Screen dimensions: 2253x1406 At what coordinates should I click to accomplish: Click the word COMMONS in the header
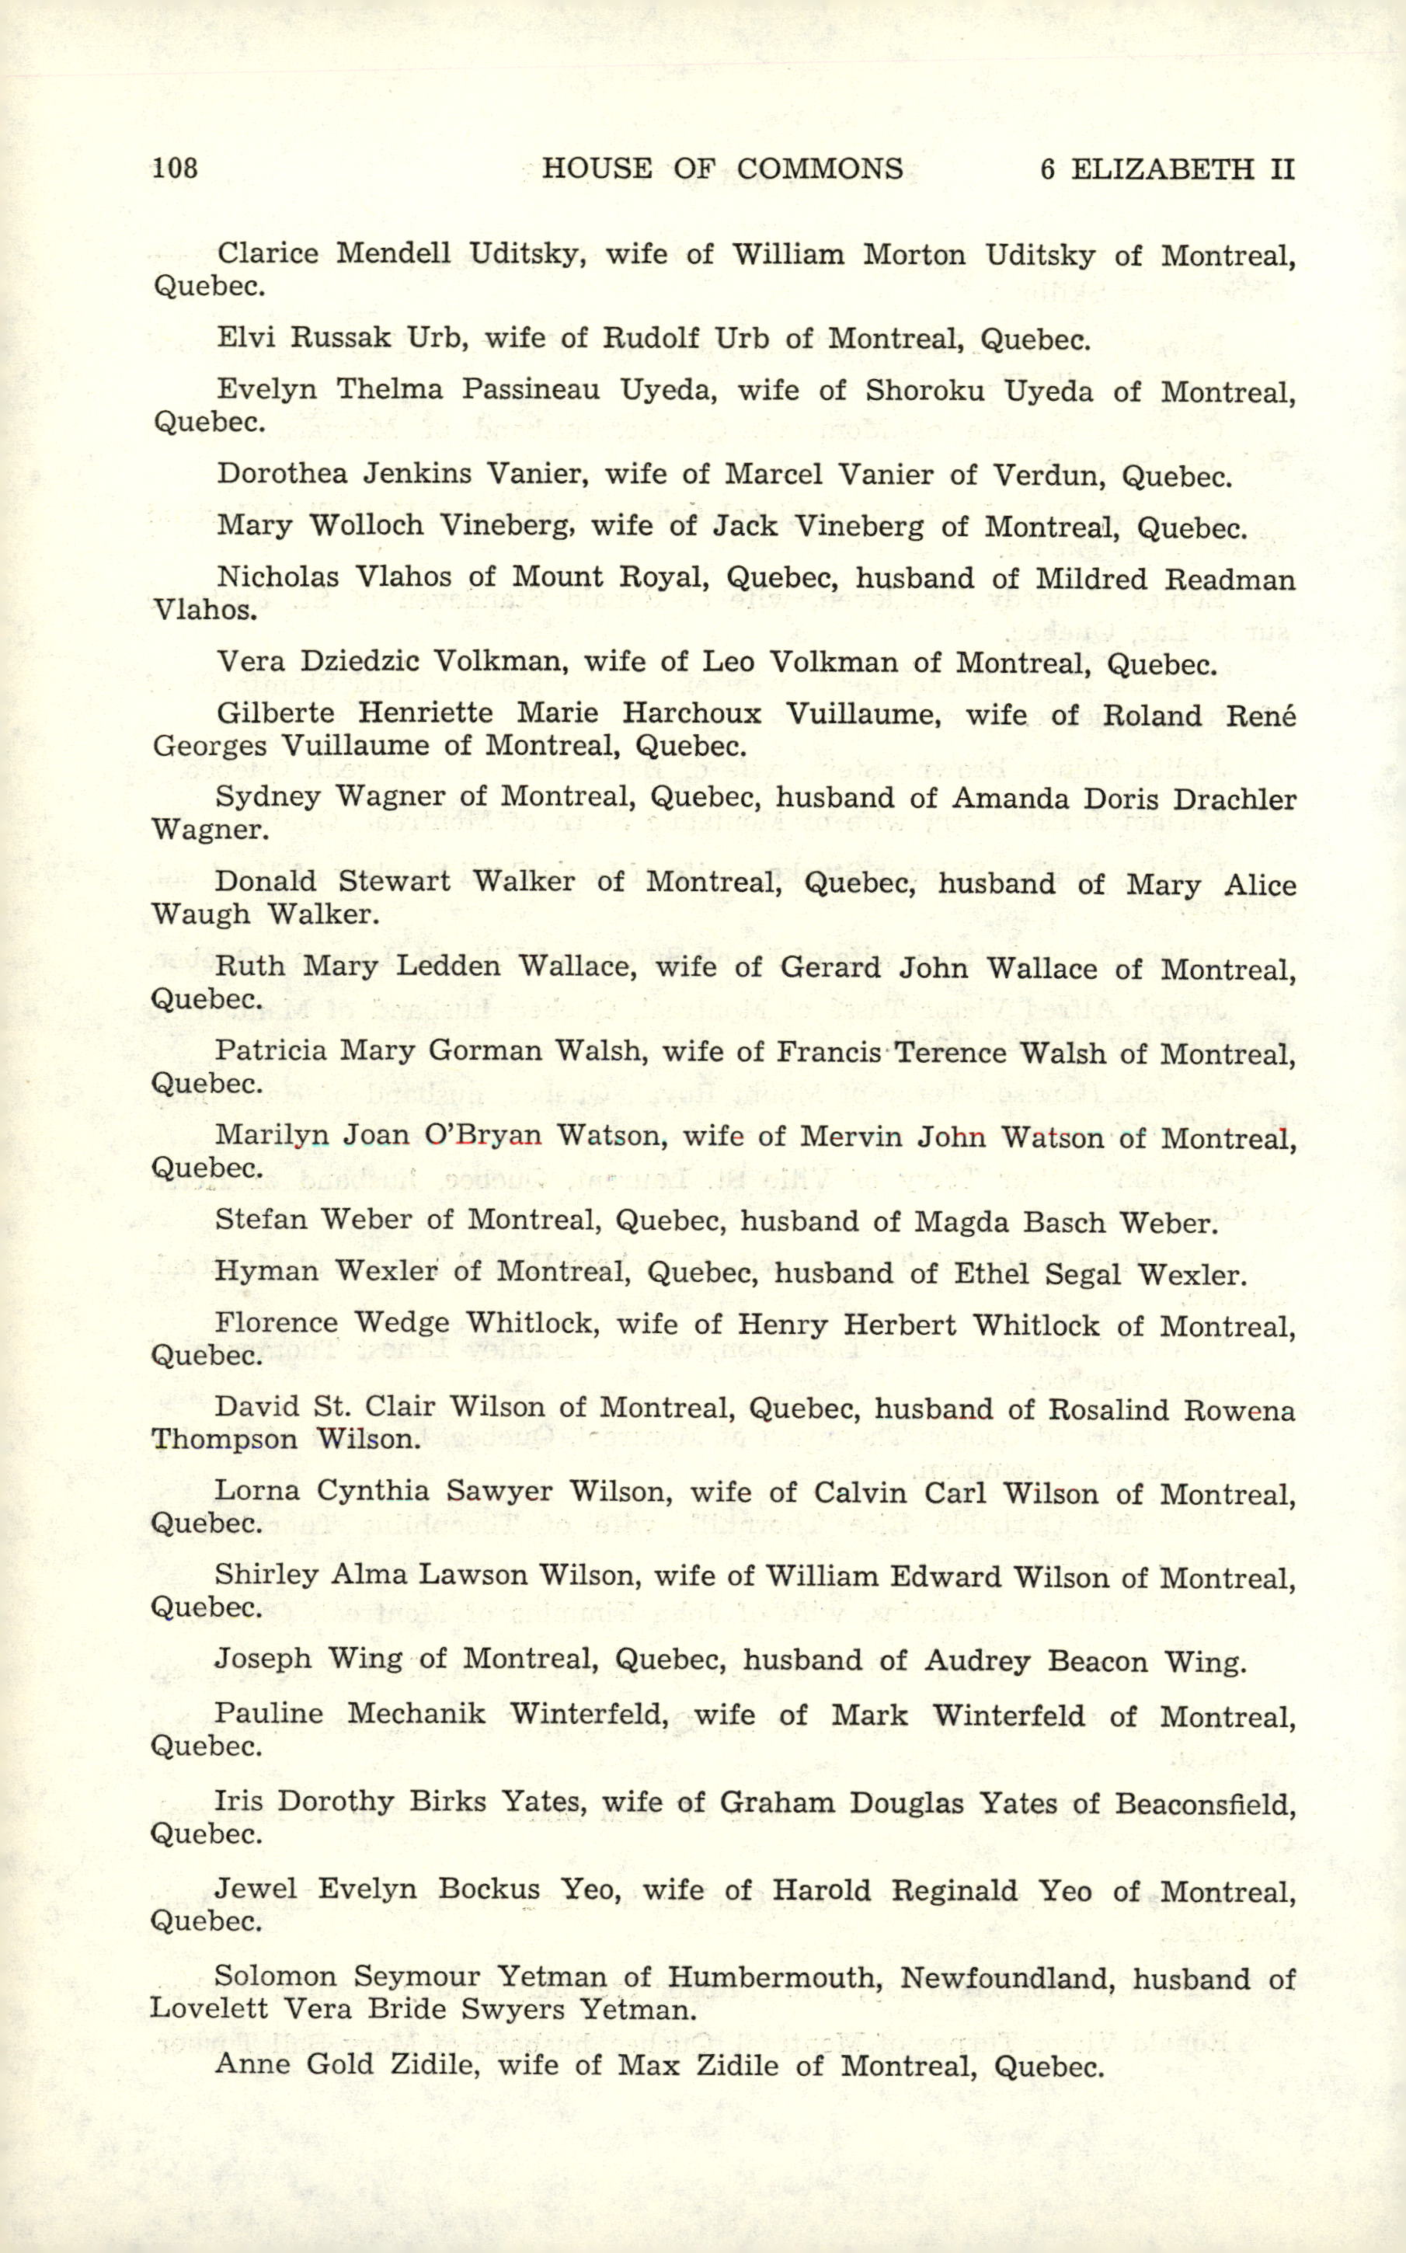pos(820,169)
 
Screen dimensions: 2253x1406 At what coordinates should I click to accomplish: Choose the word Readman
pos(1230,580)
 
